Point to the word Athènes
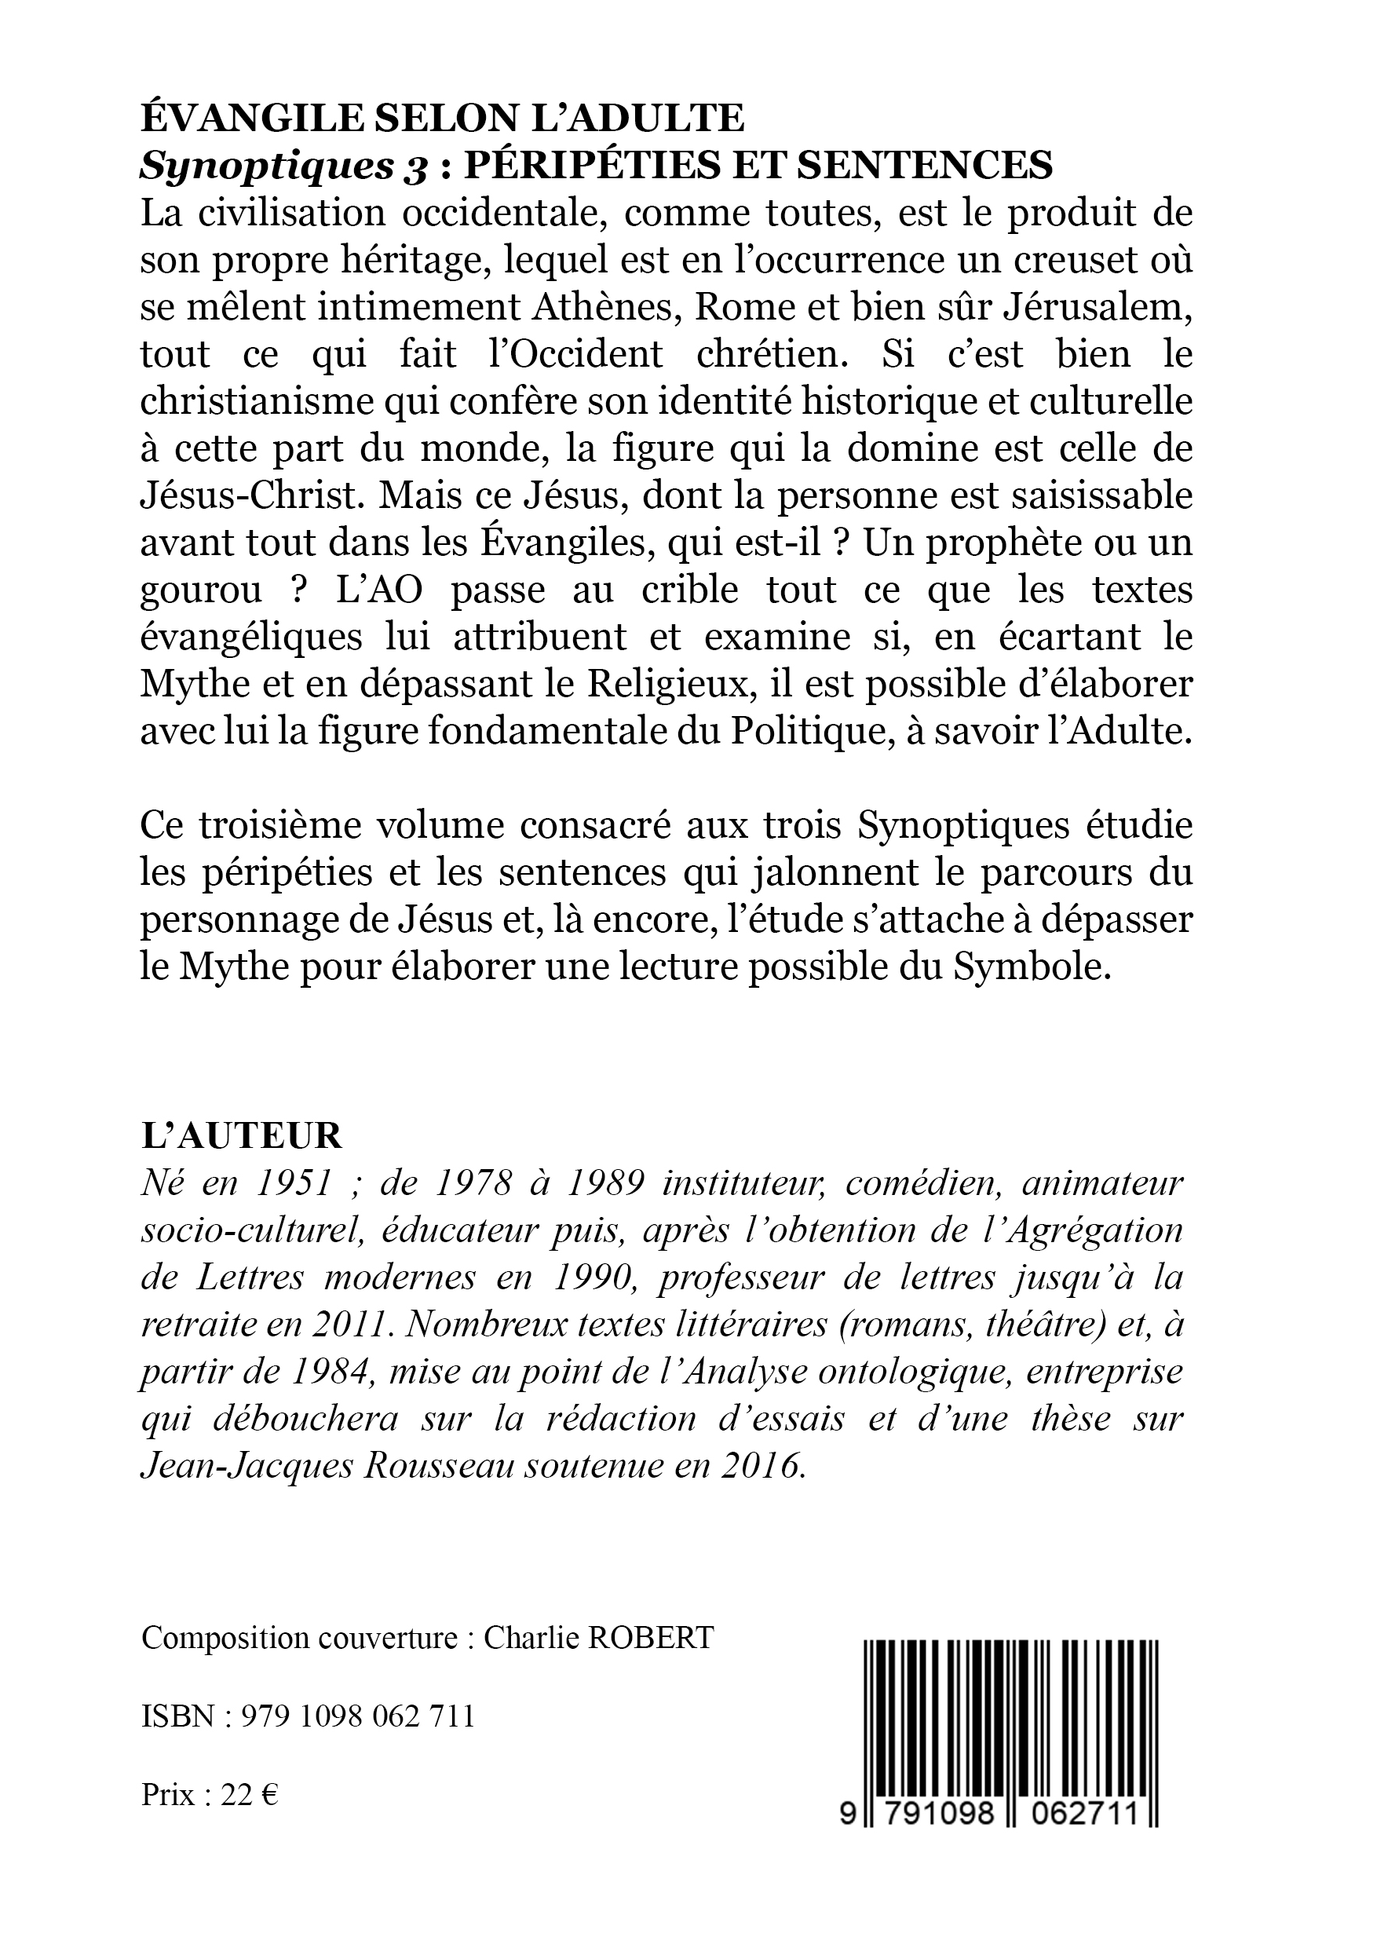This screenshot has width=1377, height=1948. click(x=605, y=307)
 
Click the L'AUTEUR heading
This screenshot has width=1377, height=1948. click(x=241, y=1136)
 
